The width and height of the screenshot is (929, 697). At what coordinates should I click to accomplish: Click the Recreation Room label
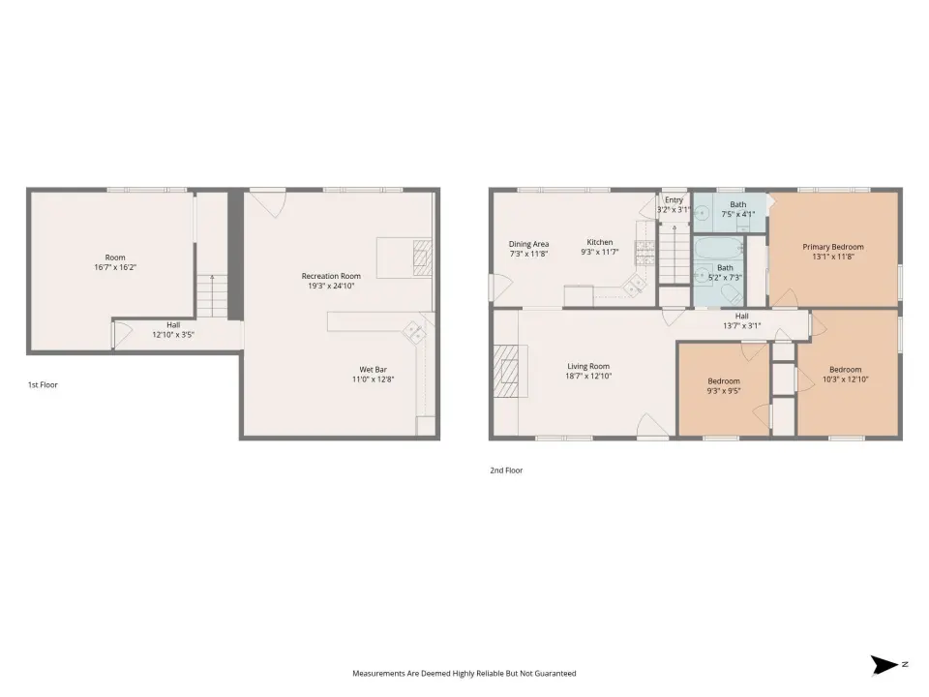tap(331, 276)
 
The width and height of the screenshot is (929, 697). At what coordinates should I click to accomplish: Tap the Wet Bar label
tap(373, 369)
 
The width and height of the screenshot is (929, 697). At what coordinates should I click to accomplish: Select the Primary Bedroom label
tap(833, 247)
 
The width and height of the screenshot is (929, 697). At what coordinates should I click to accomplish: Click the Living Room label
tap(588, 366)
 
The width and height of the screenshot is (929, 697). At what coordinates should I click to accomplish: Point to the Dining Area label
tap(528, 244)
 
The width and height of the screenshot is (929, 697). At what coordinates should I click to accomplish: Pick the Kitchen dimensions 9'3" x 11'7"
tap(600, 252)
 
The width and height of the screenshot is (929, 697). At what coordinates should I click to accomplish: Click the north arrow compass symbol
tap(884, 665)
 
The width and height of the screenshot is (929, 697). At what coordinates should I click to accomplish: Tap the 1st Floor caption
tap(43, 384)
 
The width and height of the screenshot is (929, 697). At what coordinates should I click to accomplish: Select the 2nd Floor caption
tap(506, 470)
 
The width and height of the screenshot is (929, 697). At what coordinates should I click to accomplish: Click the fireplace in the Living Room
tap(510, 372)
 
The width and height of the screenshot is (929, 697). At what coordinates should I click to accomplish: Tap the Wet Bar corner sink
tap(414, 332)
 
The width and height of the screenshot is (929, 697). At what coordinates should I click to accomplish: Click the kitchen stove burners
tap(645, 253)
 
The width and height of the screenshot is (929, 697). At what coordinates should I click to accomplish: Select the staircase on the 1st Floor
tap(212, 296)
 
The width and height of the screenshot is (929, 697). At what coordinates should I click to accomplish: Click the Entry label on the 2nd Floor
tap(674, 199)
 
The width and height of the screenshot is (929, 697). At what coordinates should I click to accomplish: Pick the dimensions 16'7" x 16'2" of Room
tap(115, 267)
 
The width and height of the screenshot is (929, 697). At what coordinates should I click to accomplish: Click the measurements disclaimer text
tap(464, 674)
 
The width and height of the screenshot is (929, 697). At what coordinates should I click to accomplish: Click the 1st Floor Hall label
tap(173, 325)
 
